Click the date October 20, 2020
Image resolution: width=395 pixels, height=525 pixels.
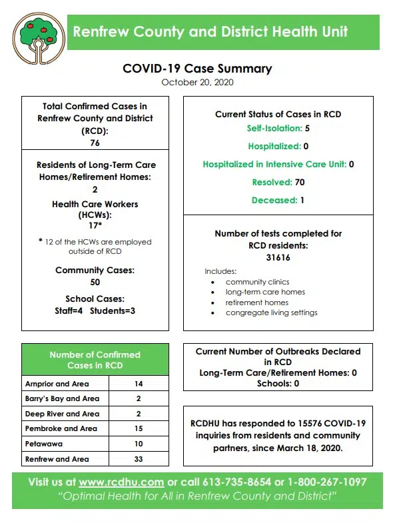coord(197,83)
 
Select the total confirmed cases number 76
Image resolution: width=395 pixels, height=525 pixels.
coord(95,143)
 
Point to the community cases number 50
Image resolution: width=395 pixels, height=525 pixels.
coord(95,282)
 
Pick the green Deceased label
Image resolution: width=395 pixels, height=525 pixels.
coord(273,200)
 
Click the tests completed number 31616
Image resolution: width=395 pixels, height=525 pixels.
coord(278,257)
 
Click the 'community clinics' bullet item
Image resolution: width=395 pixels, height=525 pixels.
coord(257,282)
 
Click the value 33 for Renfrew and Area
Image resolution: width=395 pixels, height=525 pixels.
coord(138,459)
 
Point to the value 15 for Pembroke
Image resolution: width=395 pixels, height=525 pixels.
coord(138,428)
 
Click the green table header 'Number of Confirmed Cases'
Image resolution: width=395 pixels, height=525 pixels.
coord(95,360)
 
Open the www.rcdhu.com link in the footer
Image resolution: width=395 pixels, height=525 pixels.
coord(121,482)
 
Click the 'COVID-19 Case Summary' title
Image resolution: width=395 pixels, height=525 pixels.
coord(197,69)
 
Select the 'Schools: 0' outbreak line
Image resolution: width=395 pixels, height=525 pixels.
coord(278,384)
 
